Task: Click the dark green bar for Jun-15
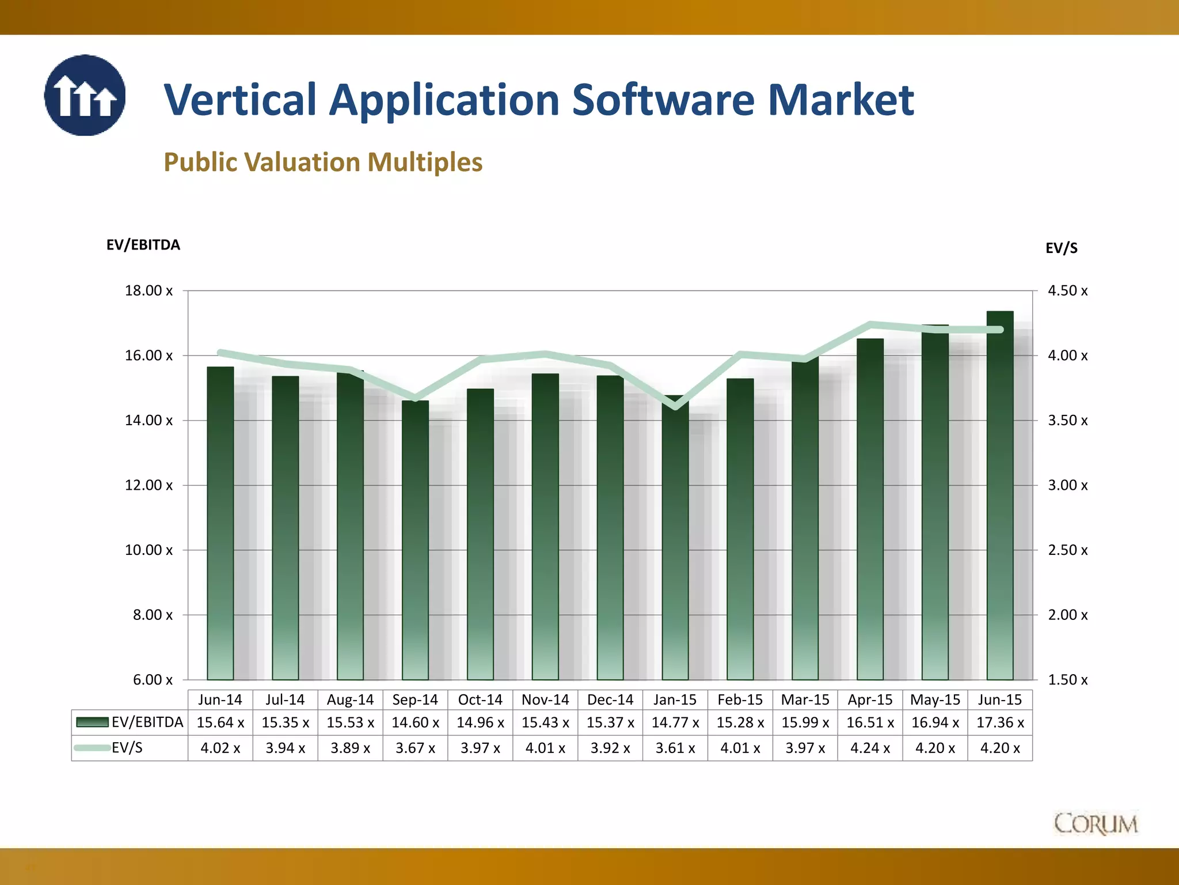pos(1000,496)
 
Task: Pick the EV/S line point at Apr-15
pos(870,324)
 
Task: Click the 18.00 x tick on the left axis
pos(149,291)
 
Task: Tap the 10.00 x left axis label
pos(149,550)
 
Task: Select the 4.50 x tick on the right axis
pos(1067,291)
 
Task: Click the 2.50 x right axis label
pos(1067,550)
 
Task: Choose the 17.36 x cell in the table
pos(1000,723)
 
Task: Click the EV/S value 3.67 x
pos(415,748)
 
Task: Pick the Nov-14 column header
pos(545,700)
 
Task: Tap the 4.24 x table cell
pos(870,748)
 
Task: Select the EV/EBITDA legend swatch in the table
pos(92,723)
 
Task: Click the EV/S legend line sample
pos(92,748)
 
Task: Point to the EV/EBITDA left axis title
pos(143,245)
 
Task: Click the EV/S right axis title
pos(1061,248)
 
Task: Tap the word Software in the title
pos(663,100)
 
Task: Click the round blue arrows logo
pos(85,96)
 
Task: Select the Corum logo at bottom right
pos(1096,824)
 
